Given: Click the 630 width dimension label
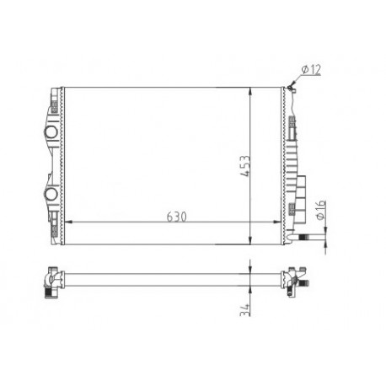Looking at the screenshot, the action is [176, 217].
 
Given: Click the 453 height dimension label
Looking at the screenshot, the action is [245, 166].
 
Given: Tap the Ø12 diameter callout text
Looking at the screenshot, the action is [311, 70].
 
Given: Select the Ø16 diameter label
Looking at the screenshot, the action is [320, 210].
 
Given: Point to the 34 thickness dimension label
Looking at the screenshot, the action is [245, 309].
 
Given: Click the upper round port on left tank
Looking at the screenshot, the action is [51, 131].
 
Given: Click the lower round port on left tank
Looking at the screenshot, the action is [51, 194].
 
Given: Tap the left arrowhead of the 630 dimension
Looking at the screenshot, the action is [68, 222].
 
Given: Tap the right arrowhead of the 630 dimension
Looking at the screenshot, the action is [277, 222].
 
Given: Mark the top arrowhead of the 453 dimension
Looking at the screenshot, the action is [250, 91].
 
